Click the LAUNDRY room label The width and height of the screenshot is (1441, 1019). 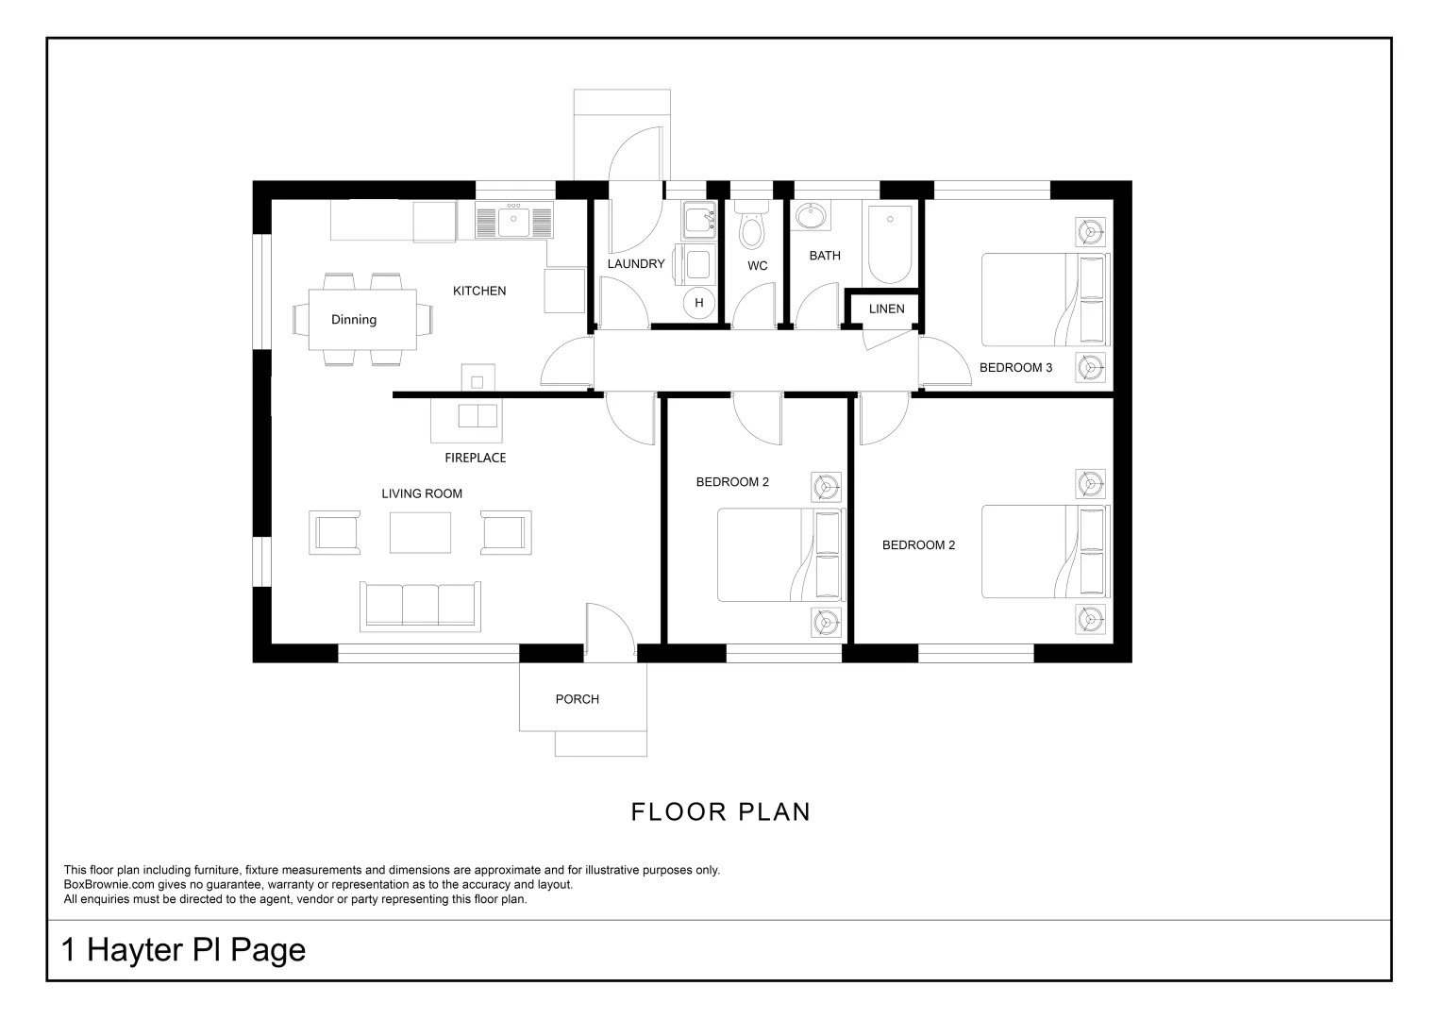[x=636, y=264]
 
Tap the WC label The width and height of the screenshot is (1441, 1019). [x=757, y=266]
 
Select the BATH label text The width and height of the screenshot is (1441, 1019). [x=825, y=256]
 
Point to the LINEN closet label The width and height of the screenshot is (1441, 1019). [x=886, y=309]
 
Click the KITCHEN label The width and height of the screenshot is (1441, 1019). [x=479, y=291]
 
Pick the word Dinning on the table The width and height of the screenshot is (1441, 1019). [x=354, y=320]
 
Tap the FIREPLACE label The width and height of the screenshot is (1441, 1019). [x=476, y=458]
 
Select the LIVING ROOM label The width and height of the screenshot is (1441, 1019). [x=422, y=493]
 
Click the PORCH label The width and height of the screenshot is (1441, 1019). [x=577, y=699]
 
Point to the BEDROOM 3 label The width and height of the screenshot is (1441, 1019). [x=1015, y=367]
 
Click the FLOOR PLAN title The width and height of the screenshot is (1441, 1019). [x=721, y=811]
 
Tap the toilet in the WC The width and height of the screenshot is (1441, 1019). [x=751, y=225]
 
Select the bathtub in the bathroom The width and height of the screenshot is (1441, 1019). [x=890, y=244]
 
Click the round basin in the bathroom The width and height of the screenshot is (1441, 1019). [x=811, y=216]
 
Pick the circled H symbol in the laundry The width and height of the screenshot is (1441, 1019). [x=699, y=303]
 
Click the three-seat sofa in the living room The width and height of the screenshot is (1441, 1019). [x=420, y=605]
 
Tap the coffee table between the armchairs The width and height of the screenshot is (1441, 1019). [x=420, y=532]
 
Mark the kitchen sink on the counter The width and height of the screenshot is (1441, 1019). [x=514, y=221]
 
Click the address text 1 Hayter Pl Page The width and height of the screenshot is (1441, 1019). [x=183, y=949]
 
